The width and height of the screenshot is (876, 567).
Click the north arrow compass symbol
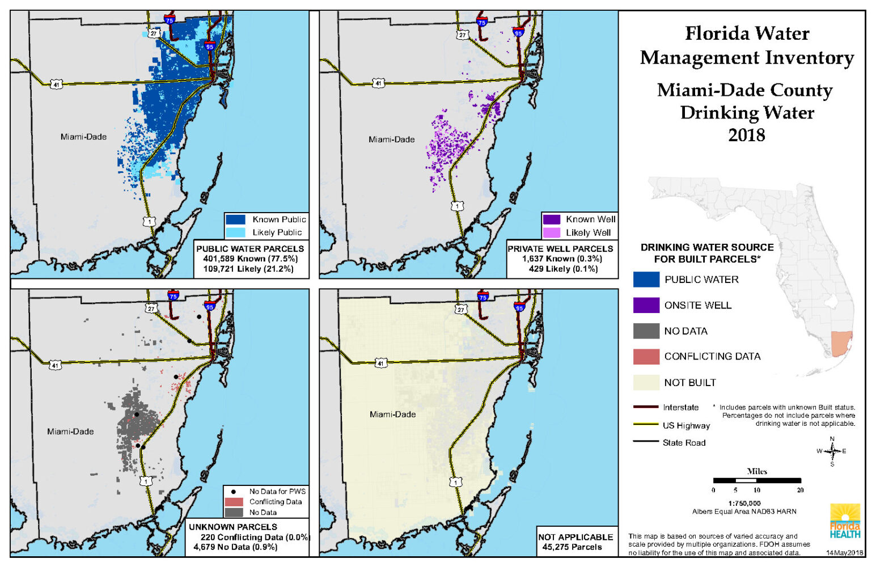[832, 451]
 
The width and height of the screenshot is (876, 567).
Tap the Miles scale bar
[757, 480]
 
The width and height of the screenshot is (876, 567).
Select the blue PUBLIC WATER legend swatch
[646, 280]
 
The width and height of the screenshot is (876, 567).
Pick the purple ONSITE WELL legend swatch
[646, 305]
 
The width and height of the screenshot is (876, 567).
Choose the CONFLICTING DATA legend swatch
[646, 357]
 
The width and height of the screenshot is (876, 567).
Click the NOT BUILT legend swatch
[646, 383]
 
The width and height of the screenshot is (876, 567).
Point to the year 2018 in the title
[746, 135]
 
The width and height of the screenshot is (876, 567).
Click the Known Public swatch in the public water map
[235, 219]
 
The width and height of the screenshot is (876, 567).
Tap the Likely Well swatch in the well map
[551, 232]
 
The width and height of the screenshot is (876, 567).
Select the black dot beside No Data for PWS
[233, 492]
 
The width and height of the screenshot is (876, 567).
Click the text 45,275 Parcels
[572, 547]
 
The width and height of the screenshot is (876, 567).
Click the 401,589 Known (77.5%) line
[250, 259]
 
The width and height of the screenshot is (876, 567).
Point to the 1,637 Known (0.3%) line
[562, 259]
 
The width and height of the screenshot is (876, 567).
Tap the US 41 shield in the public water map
[56, 84]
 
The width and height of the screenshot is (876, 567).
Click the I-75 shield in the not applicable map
[483, 297]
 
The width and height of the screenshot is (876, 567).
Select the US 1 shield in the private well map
[457, 206]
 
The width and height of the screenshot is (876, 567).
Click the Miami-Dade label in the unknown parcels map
[70, 431]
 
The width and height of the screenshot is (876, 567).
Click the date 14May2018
[844, 552]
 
